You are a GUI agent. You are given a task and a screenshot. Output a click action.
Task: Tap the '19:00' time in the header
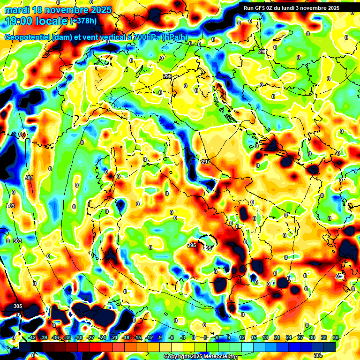(19, 21)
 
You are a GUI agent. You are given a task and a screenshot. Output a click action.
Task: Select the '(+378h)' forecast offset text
(84, 21)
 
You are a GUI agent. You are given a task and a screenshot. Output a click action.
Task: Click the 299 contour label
(167, 76)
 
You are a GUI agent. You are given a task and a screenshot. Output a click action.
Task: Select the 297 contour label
(205, 162)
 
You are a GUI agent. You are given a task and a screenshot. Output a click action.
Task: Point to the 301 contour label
(30, 178)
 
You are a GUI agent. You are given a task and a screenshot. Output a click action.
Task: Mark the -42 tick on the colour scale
(32, 337)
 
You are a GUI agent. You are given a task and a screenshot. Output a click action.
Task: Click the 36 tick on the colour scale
(336, 337)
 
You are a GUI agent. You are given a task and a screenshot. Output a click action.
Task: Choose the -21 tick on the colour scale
(114, 337)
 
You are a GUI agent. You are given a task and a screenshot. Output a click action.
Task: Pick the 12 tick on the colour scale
(242, 337)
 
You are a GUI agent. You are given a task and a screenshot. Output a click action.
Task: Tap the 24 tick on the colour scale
(289, 337)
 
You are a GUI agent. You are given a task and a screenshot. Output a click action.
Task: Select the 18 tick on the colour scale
(265, 337)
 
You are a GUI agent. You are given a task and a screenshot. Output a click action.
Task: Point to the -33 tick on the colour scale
(67, 337)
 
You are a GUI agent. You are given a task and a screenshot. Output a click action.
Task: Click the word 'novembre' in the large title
(67, 10)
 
